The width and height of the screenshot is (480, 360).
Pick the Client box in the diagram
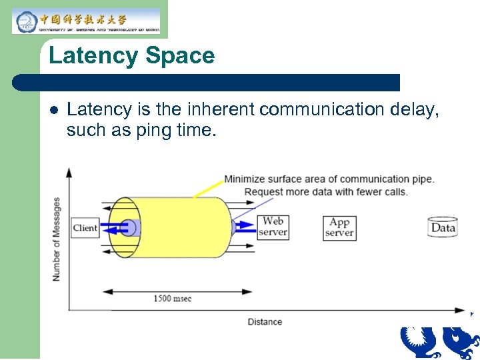click(x=85, y=228)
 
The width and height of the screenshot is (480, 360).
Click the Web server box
click(x=273, y=227)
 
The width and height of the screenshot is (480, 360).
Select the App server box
click(x=339, y=227)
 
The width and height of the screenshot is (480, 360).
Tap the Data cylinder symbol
click(x=443, y=227)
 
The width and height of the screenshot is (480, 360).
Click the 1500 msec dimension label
click(x=172, y=298)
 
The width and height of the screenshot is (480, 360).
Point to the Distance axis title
click(x=265, y=322)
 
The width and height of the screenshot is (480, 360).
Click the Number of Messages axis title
click(x=57, y=239)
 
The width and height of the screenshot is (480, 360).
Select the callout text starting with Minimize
click(x=329, y=179)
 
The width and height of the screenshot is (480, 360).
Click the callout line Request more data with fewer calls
click(x=325, y=192)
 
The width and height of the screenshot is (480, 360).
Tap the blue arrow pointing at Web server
click(x=247, y=226)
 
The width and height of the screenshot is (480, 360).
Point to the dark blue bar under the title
click(x=207, y=83)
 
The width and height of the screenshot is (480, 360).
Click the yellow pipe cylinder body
click(x=180, y=227)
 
